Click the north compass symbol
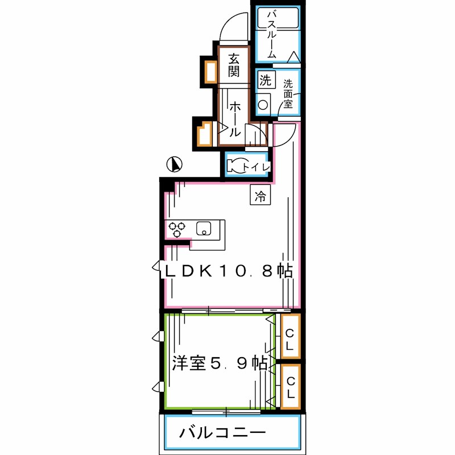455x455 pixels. coord(175,165)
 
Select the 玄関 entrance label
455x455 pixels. coord(234,64)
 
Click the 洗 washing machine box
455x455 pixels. coord(265,80)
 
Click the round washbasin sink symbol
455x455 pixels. coord(263,105)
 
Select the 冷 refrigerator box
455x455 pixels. coord(260,196)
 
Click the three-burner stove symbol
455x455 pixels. coord(177,229)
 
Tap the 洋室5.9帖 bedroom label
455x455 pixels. coord(220,363)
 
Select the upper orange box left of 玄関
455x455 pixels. coord(209,72)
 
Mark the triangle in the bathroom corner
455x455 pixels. coord(293,56)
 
